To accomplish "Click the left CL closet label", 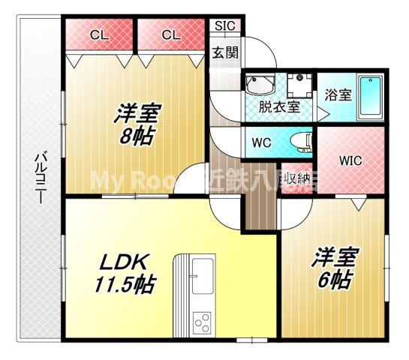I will point(98,34).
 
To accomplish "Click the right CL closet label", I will point(170,34).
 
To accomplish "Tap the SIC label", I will point(224,25).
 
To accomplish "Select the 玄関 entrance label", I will point(224,52).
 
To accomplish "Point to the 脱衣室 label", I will point(279,106).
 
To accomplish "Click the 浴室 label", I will point(338,95).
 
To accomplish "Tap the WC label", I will point(262,140).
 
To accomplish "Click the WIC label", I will point(350,160).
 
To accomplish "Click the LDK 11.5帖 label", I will point(126,274).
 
